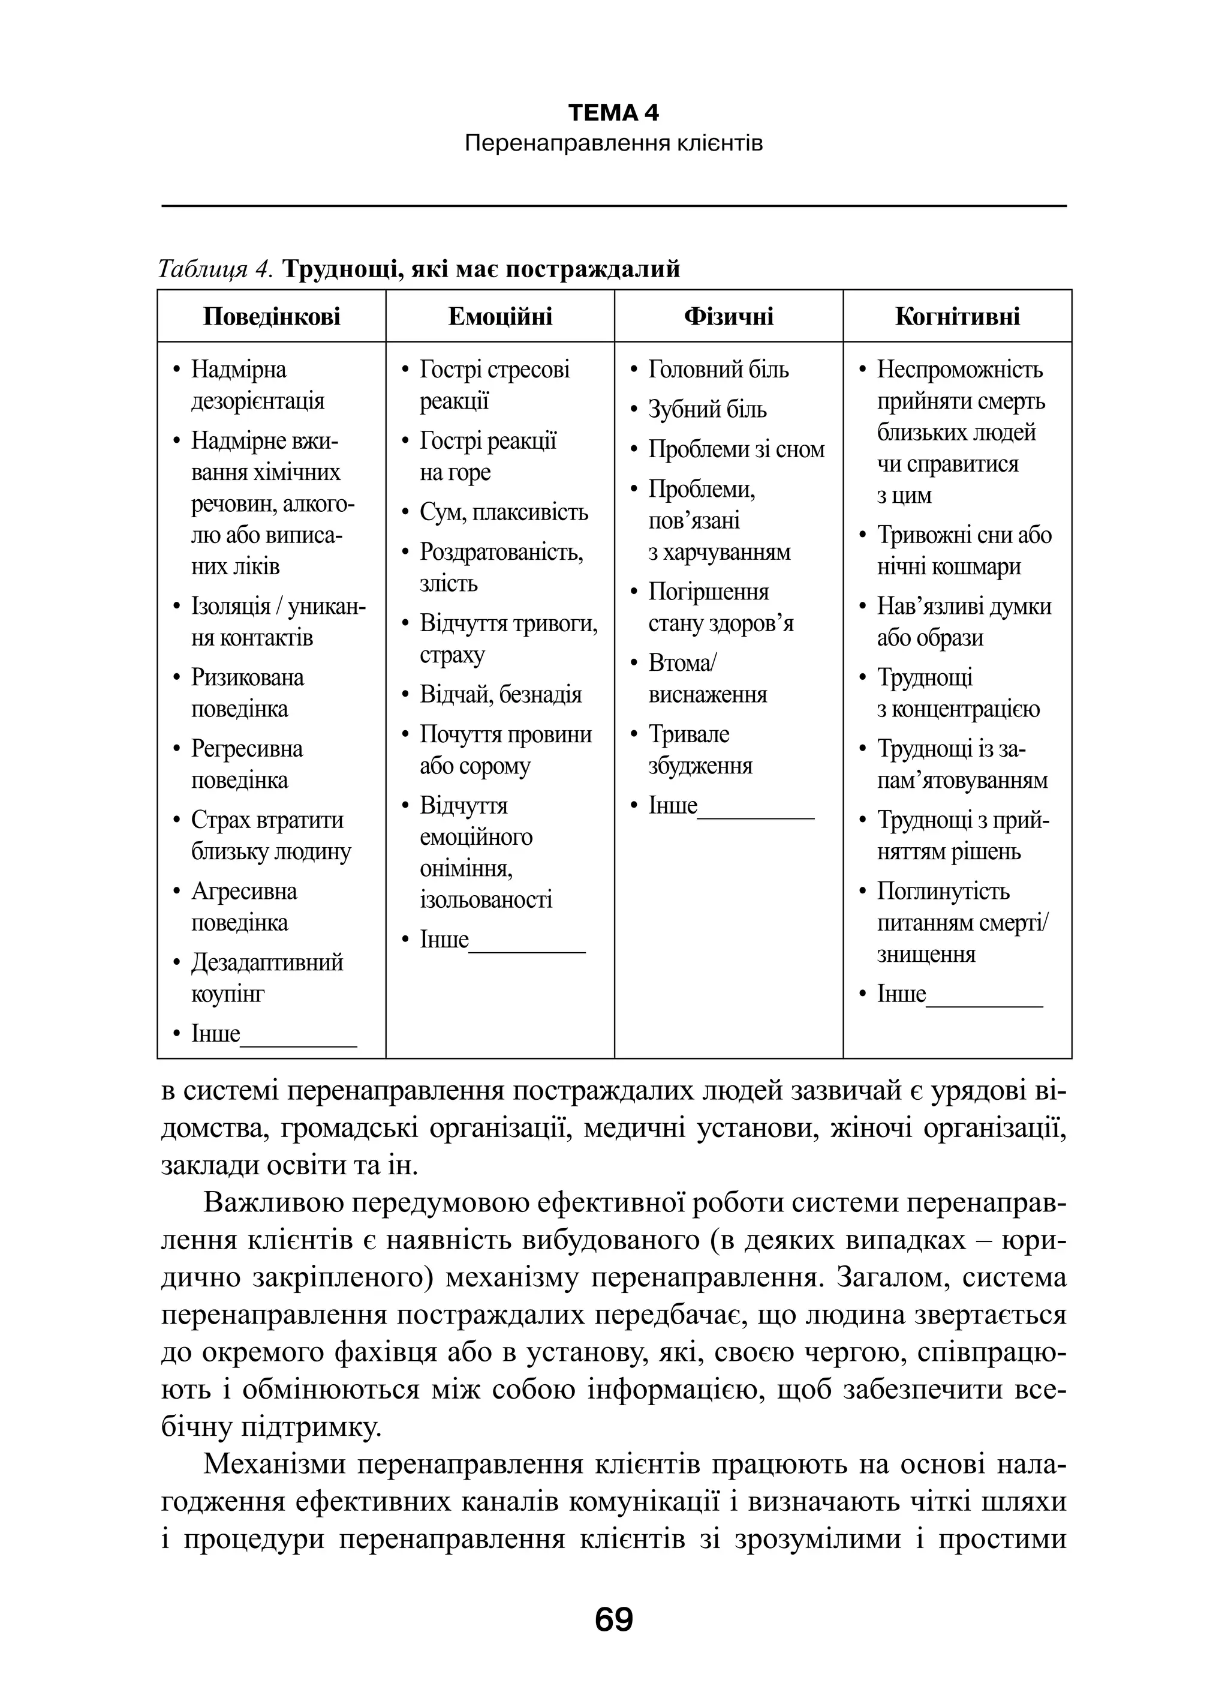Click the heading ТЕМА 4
pos(613,113)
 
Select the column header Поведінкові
pos(271,316)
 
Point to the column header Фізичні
pos(729,316)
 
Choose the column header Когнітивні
pos(957,316)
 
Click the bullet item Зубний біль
pos(706,410)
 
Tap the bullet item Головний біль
pos(718,369)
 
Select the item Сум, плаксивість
pos(504,512)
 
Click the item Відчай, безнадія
pos(501,694)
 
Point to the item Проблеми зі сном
pos(736,449)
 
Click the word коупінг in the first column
pos(228,994)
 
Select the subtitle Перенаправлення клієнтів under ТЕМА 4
pos(613,143)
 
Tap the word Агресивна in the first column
pos(243,891)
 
